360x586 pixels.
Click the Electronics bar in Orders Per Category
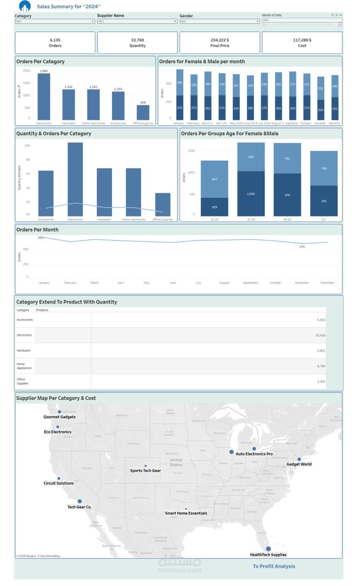click(x=44, y=96)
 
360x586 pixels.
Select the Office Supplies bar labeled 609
click(x=143, y=112)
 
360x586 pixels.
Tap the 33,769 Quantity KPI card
click(x=137, y=43)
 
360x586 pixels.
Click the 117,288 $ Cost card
click(x=302, y=43)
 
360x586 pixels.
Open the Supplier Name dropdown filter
click(x=137, y=21)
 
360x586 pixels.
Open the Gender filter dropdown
click(x=219, y=21)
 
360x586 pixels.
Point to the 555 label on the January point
click(x=41, y=238)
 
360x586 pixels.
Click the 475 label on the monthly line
click(x=302, y=247)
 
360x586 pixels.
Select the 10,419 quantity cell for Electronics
click(x=320, y=335)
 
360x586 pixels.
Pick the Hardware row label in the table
click(x=24, y=350)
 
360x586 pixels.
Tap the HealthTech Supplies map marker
click(x=269, y=548)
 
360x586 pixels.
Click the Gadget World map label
click(x=299, y=464)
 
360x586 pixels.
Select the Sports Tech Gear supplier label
click(x=145, y=471)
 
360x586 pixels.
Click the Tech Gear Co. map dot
click(x=80, y=501)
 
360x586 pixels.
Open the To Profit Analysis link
click(x=274, y=566)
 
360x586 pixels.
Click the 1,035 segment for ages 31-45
click(x=251, y=194)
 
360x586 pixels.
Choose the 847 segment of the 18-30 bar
click(x=214, y=179)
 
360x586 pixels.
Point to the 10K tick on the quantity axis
click(x=27, y=146)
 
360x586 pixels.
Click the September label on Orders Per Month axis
click(x=250, y=283)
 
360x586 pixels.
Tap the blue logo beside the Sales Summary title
click(x=25, y=6)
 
